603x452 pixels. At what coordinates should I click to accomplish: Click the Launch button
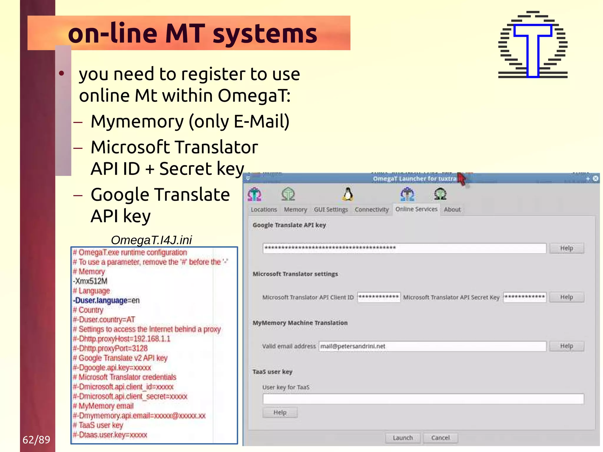pos(403,438)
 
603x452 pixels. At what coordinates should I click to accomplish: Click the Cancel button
pos(440,438)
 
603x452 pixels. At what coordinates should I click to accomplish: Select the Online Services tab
pos(416,209)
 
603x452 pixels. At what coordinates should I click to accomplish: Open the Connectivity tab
pos(372,209)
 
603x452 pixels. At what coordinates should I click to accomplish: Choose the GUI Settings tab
pos(331,209)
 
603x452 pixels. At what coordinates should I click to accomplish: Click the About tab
pos(452,209)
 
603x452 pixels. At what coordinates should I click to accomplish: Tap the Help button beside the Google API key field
pos(566,248)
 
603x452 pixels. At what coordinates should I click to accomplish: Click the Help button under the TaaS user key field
pos(280,412)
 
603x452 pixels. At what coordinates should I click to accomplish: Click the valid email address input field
pos(432,346)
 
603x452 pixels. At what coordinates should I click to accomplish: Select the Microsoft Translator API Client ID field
pos(379,297)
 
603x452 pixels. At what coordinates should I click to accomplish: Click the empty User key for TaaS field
pos(423,399)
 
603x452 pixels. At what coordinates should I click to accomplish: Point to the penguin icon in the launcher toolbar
pos(348,194)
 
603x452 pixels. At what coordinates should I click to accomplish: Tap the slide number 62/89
pos(37,440)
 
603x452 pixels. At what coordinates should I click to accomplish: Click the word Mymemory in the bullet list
pos(137,121)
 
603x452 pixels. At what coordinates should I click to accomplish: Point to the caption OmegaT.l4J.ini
pos(151,240)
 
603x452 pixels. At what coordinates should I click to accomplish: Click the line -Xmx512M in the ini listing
pos(90,281)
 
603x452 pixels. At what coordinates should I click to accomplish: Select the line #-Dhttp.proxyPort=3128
pos(110,348)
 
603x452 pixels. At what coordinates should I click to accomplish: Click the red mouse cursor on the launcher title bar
pos(462,178)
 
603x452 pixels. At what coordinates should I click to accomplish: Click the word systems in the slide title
pos(265,34)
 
